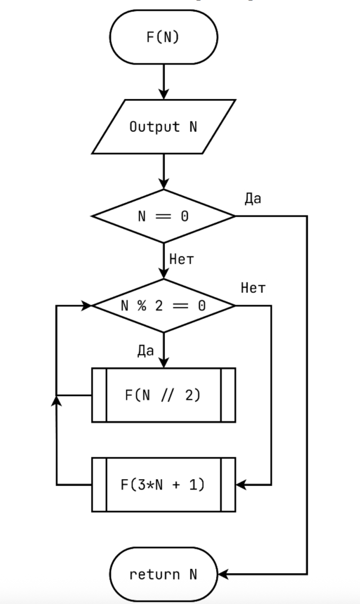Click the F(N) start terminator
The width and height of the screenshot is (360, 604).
(163, 38)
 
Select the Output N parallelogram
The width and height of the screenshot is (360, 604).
(163, 126)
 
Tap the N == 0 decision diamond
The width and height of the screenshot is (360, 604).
(163, 216)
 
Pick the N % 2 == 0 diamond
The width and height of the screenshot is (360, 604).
(163, 306)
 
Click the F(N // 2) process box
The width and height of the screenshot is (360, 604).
(163, 395)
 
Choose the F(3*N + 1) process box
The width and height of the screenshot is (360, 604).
(163, 485)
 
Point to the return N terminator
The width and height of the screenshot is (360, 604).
(163, 574)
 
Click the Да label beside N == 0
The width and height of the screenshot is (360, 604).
(253, 199)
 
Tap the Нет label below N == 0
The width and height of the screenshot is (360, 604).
(181, 260)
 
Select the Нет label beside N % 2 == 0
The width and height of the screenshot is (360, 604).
(253, 288)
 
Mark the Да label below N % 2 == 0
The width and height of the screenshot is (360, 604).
(146, 351)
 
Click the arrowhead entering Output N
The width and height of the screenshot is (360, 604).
(163, 95)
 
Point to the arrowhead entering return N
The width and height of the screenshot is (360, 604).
(223, 574)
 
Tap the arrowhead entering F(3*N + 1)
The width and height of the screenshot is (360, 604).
(241, 485)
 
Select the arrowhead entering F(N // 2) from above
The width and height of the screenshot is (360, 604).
(163, 363)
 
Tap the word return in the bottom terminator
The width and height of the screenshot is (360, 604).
(155, 574)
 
